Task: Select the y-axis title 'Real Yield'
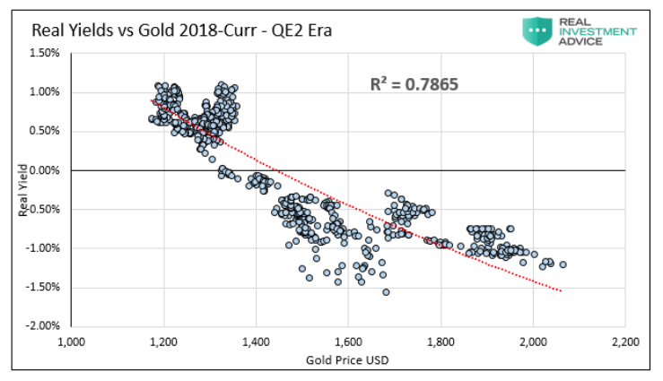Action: click(22, 189)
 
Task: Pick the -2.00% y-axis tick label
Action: click(43, 325)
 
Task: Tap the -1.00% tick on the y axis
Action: click(43, 247)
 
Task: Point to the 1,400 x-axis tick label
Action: click(256, 342)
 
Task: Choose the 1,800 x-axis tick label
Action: click(441, 342)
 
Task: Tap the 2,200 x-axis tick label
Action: click(624, 342)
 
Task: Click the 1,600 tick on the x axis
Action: click(348, 342)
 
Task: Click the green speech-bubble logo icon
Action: click(538, 30)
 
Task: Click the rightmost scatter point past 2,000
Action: click(563, 264)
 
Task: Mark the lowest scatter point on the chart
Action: click(386, 292)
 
